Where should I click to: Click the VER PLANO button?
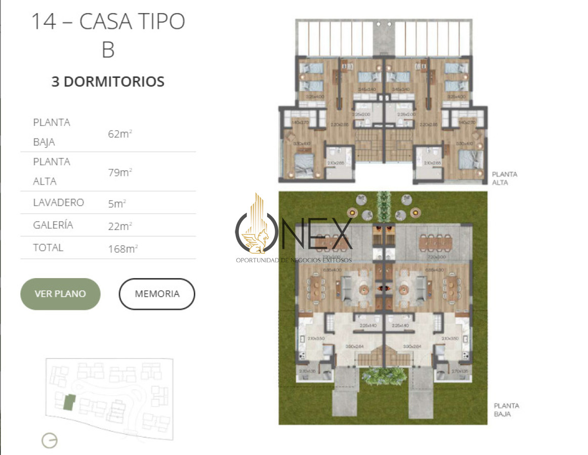coord(60,294)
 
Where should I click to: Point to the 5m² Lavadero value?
coord(116,203)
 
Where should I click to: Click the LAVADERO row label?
coord(58,203)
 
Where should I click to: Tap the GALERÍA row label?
coord(53,225)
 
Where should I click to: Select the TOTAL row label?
coord(48,248)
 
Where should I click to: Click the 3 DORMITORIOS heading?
coord(108,82)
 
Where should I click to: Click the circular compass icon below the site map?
coord(50,440)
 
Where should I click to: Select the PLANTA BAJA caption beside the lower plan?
coord(506,409)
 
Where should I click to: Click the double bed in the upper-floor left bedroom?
coord(305,165)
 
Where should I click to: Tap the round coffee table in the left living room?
coord(365,289)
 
